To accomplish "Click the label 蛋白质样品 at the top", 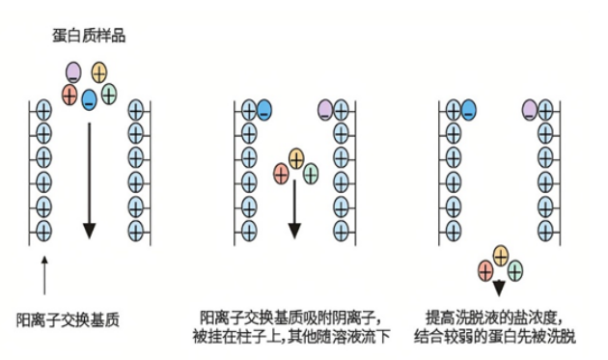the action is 89,36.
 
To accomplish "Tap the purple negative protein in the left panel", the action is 73,72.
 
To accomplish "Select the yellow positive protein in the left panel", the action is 99,72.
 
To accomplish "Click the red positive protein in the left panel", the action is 69,95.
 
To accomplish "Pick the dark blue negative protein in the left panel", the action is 89,99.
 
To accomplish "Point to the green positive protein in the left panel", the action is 109,95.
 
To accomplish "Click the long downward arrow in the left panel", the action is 90,180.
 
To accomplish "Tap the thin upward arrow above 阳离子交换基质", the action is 44,275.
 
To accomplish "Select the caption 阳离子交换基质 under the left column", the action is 68,320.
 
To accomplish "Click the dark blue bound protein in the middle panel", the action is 264,110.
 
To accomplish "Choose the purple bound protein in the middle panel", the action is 325,110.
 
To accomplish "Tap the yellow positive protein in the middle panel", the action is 296,158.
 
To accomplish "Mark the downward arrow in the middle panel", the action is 294,209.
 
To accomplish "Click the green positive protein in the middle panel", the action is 311,174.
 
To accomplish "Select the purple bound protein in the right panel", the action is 530,110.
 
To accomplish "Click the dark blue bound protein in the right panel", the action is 468,110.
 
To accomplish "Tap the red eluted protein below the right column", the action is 485,271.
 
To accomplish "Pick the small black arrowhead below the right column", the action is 499,289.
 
